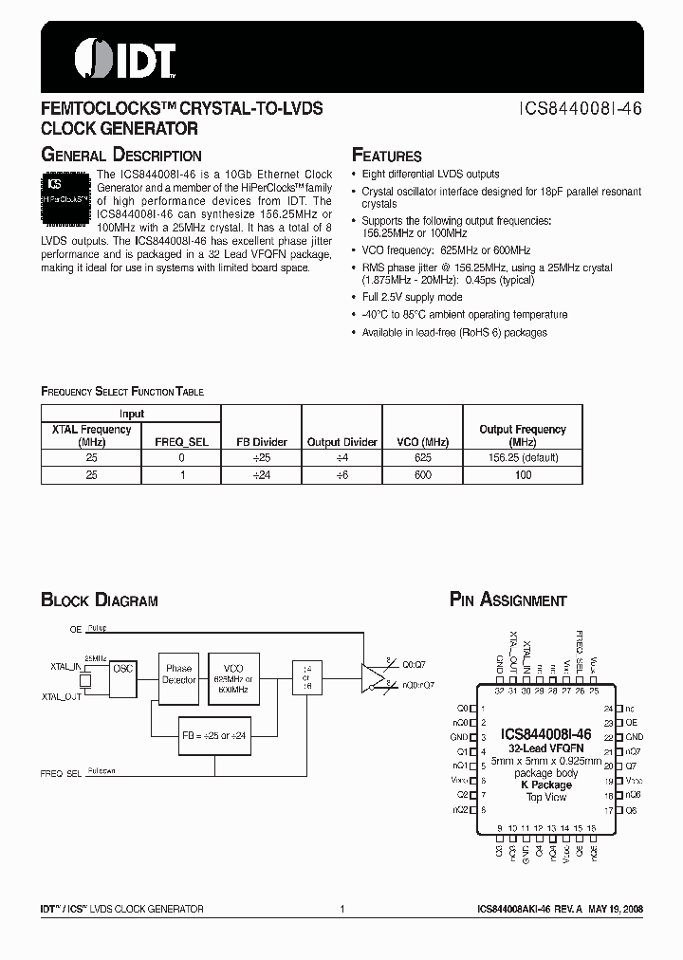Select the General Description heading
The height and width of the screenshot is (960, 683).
point(120,155)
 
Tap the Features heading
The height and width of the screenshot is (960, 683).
point(387,156)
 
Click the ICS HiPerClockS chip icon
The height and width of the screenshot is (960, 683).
point(65,197)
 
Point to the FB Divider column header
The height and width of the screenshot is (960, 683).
point(261,442)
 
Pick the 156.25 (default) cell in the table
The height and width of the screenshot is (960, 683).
point(522,457)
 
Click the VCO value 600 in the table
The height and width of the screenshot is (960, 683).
point(422,473)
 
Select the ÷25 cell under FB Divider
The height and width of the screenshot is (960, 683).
point(261,457)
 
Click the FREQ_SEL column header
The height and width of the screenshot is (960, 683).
point(181,442)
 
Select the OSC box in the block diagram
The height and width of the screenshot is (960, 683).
point(123,669)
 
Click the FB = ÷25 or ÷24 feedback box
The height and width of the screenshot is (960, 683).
point(213,735)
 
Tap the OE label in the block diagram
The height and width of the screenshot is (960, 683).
point(75,629)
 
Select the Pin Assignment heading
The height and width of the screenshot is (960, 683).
point(508,600)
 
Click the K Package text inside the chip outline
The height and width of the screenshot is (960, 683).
point(546,785)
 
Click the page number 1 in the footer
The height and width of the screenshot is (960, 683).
point(341,909)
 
